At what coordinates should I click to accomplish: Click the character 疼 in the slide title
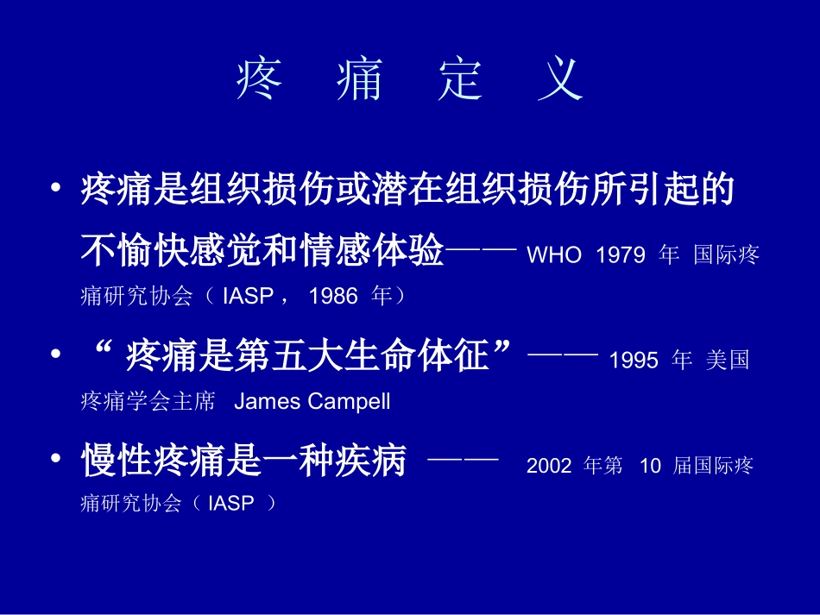pos(259,81)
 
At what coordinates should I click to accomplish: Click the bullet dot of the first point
pos(56,188)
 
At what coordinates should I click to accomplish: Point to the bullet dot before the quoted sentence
pos(56,356)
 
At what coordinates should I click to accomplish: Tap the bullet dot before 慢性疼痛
pos(56,460)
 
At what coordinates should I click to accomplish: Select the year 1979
pos(621,257)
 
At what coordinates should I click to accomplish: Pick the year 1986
pos(332,297)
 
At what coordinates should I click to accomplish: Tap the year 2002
pos(549,466)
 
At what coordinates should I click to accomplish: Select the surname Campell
pos(348,401)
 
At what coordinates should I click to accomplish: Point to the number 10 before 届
pos(650,466)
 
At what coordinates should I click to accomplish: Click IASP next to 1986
pos(247,297)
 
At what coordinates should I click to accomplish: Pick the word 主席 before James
pos(197,401)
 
